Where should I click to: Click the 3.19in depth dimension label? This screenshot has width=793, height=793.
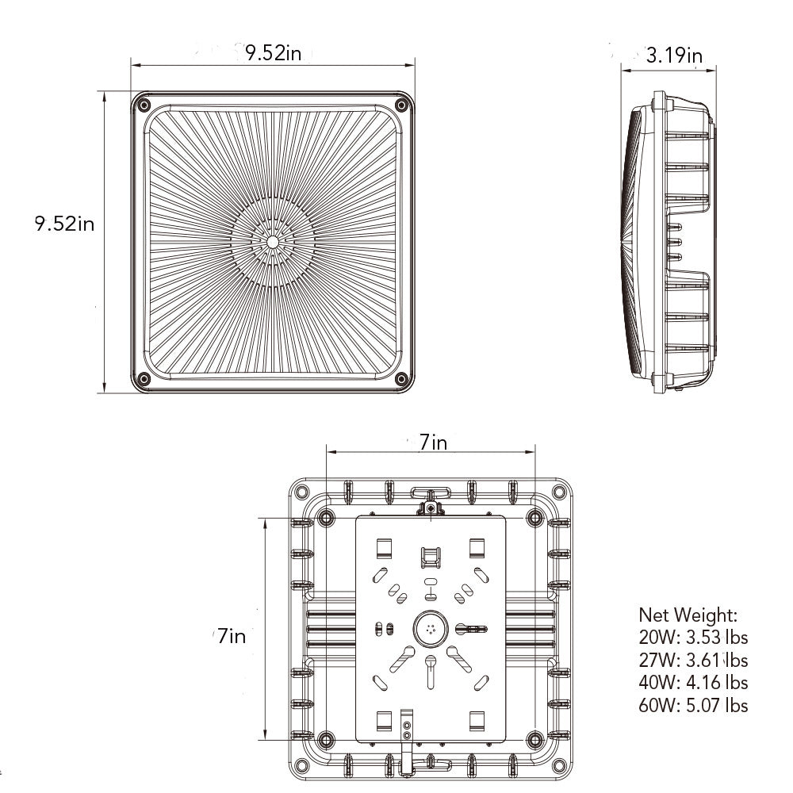point(674,56)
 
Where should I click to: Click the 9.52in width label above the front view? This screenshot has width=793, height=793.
point(273,52)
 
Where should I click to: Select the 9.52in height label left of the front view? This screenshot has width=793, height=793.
point(64,223)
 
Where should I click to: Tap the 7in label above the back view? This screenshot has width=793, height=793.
point(434,442)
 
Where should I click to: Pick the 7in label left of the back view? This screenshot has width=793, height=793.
point(232,636)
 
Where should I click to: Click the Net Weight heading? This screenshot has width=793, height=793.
point(688,615)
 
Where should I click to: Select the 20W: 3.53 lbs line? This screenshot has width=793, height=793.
point(693,638)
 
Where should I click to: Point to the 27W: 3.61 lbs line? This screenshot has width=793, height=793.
point(693,660)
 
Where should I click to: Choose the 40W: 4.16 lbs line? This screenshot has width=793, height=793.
point(693,682)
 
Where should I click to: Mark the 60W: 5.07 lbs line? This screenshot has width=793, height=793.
point(693,705)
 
